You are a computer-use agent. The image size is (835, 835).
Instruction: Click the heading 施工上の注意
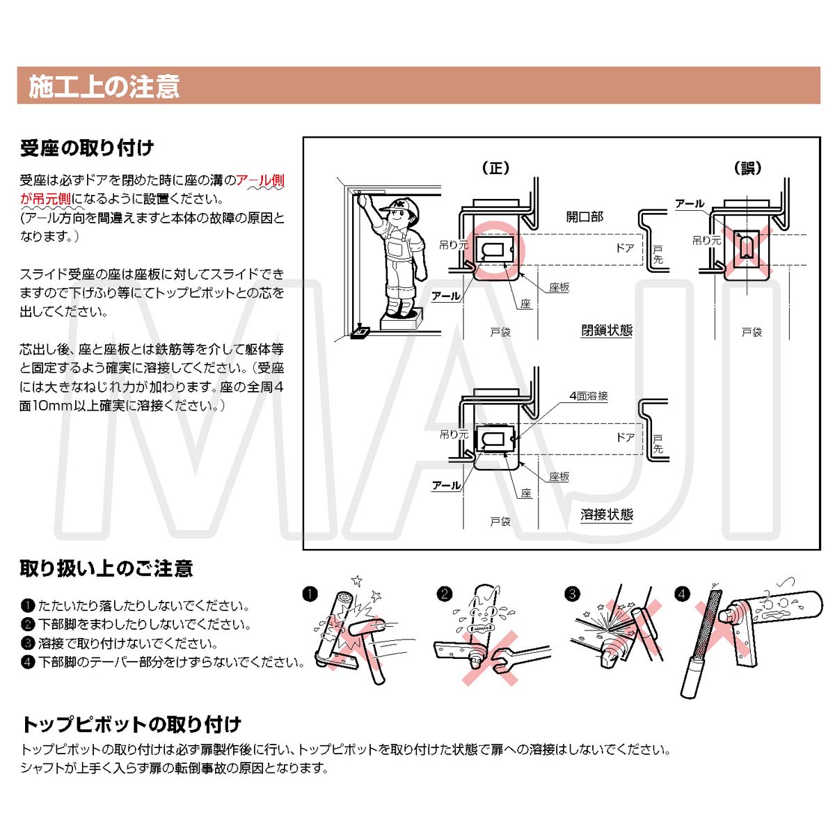click(x=104, y=86)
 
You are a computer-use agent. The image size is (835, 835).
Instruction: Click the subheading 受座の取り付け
click(x=86, y=148)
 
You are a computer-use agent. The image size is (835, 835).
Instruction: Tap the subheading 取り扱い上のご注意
click(x=106, y=568)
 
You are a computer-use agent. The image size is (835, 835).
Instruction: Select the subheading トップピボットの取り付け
click(x=132, y=724)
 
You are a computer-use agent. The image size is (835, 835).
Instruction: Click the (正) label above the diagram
click(x=495, y=168)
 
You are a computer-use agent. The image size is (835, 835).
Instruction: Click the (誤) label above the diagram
click(x=747, y=168)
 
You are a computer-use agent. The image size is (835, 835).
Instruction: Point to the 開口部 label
click(x=584, y=216)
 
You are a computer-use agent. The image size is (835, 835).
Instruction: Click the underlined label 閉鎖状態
click(x=607, y=331)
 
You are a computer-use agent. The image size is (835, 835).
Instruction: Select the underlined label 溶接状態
click(x=607, y=515)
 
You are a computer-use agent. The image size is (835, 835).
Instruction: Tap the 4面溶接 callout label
click(x=589, y=396)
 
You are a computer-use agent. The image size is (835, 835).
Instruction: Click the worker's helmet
click(x=402, y=205)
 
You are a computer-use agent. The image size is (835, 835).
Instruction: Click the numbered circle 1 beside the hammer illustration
click(x=310, y=594)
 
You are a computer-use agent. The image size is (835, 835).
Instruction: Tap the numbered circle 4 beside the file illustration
click(x=682, y=594)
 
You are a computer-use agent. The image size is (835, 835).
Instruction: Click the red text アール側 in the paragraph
click(x=260, y=180)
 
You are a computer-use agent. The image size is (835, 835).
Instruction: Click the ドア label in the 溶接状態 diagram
click(x=626, y=437)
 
